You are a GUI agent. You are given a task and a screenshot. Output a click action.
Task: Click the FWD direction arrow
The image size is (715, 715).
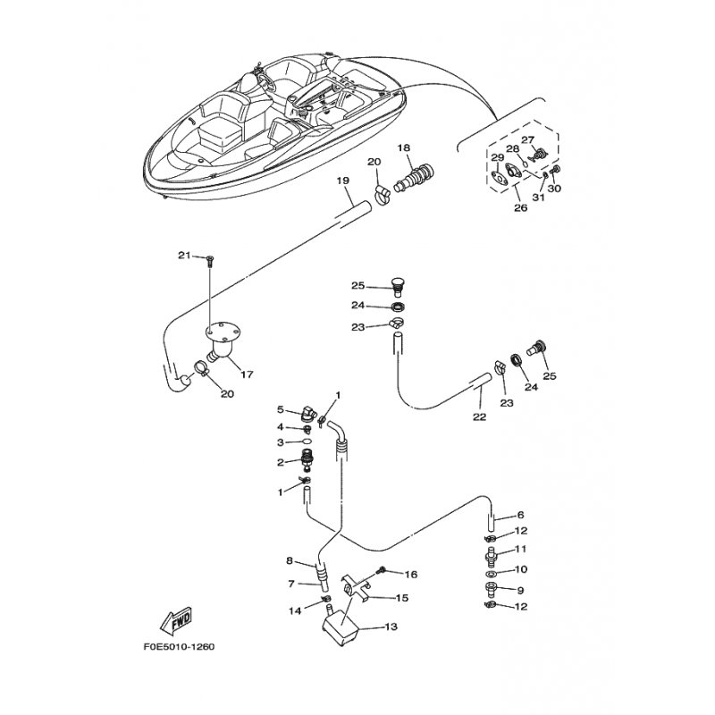coord(176,621)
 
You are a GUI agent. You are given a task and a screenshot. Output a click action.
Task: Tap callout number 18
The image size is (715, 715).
coord(404,147)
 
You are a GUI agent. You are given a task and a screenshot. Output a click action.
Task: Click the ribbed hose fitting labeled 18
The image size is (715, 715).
coord(415,178)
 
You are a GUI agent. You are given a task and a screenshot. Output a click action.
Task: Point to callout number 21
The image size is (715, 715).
coord(184,256)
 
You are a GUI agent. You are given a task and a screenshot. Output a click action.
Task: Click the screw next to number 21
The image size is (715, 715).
coord(209,261)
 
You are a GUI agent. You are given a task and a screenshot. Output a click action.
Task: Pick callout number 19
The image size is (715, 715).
coord(343,181)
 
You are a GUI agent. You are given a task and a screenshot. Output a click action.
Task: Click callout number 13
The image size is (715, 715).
coord(391,627)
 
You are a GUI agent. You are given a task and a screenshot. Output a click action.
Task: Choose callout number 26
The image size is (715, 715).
coord(521,208)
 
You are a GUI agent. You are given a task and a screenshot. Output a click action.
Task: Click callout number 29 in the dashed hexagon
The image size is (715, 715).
coord(497,158)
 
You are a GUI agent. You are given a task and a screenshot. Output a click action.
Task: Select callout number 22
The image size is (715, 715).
coord(480,416)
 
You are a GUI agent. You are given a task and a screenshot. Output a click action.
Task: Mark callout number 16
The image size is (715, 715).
coord(411,575)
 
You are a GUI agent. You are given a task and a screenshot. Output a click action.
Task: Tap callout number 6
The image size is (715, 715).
coord(520,515)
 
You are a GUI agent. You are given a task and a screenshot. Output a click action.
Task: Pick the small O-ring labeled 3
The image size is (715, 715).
coord(307,442)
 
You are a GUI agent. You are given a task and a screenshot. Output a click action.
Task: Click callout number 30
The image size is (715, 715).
coord(554,188)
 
